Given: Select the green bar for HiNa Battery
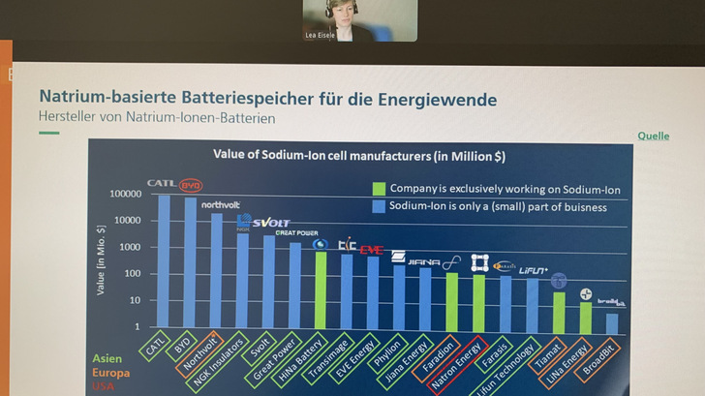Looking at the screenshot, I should (x=321, y=290).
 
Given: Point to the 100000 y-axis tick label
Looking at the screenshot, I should (x=125, y=195).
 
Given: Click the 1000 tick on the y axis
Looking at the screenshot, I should (x=131, y=248).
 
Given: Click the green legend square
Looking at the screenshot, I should (x=379, y=189).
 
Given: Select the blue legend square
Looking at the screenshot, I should (x=379, y=206).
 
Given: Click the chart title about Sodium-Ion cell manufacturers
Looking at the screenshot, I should (x=358, y=155).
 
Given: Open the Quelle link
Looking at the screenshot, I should (x=653, y=137).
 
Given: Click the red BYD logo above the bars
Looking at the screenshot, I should (x=191, y=185).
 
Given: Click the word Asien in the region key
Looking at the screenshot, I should (x=107, y=358).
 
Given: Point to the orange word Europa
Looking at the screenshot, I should (x=109, y=373).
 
